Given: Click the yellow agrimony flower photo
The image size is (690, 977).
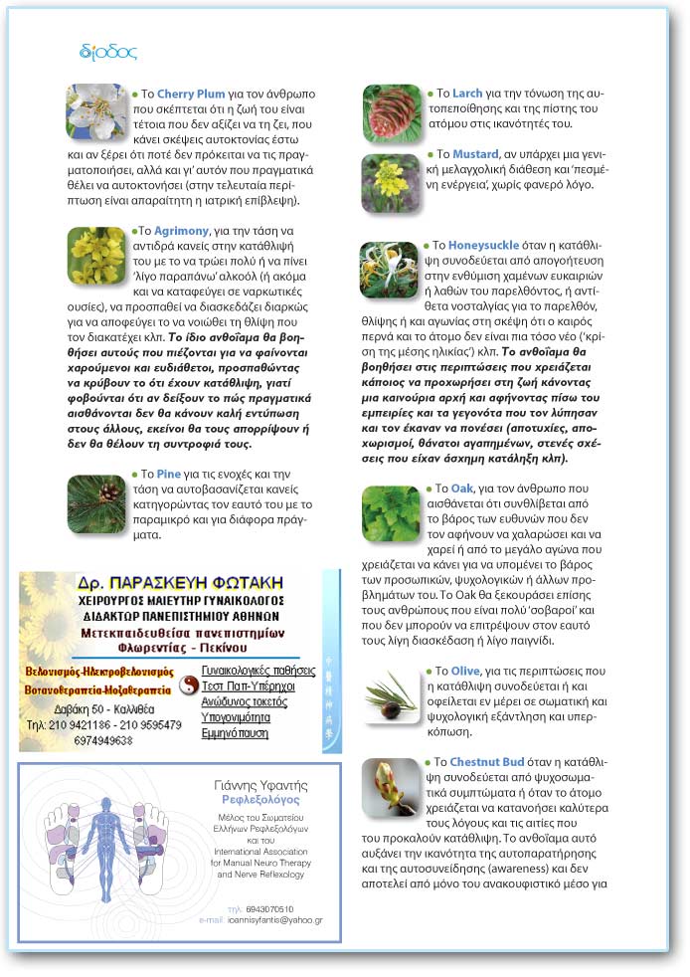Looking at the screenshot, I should (x=96, y=256).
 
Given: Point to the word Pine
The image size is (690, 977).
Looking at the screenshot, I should (x=168, y=474).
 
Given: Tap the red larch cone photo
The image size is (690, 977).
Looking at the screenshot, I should (x=391, y=112).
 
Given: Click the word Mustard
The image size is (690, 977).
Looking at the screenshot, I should (x=475, y=155).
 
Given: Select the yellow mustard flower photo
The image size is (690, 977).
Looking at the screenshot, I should (x=391, y=182).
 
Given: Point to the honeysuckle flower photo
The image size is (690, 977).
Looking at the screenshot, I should (x=389, y=271).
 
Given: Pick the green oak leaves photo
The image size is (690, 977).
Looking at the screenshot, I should (x=391, y=513).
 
